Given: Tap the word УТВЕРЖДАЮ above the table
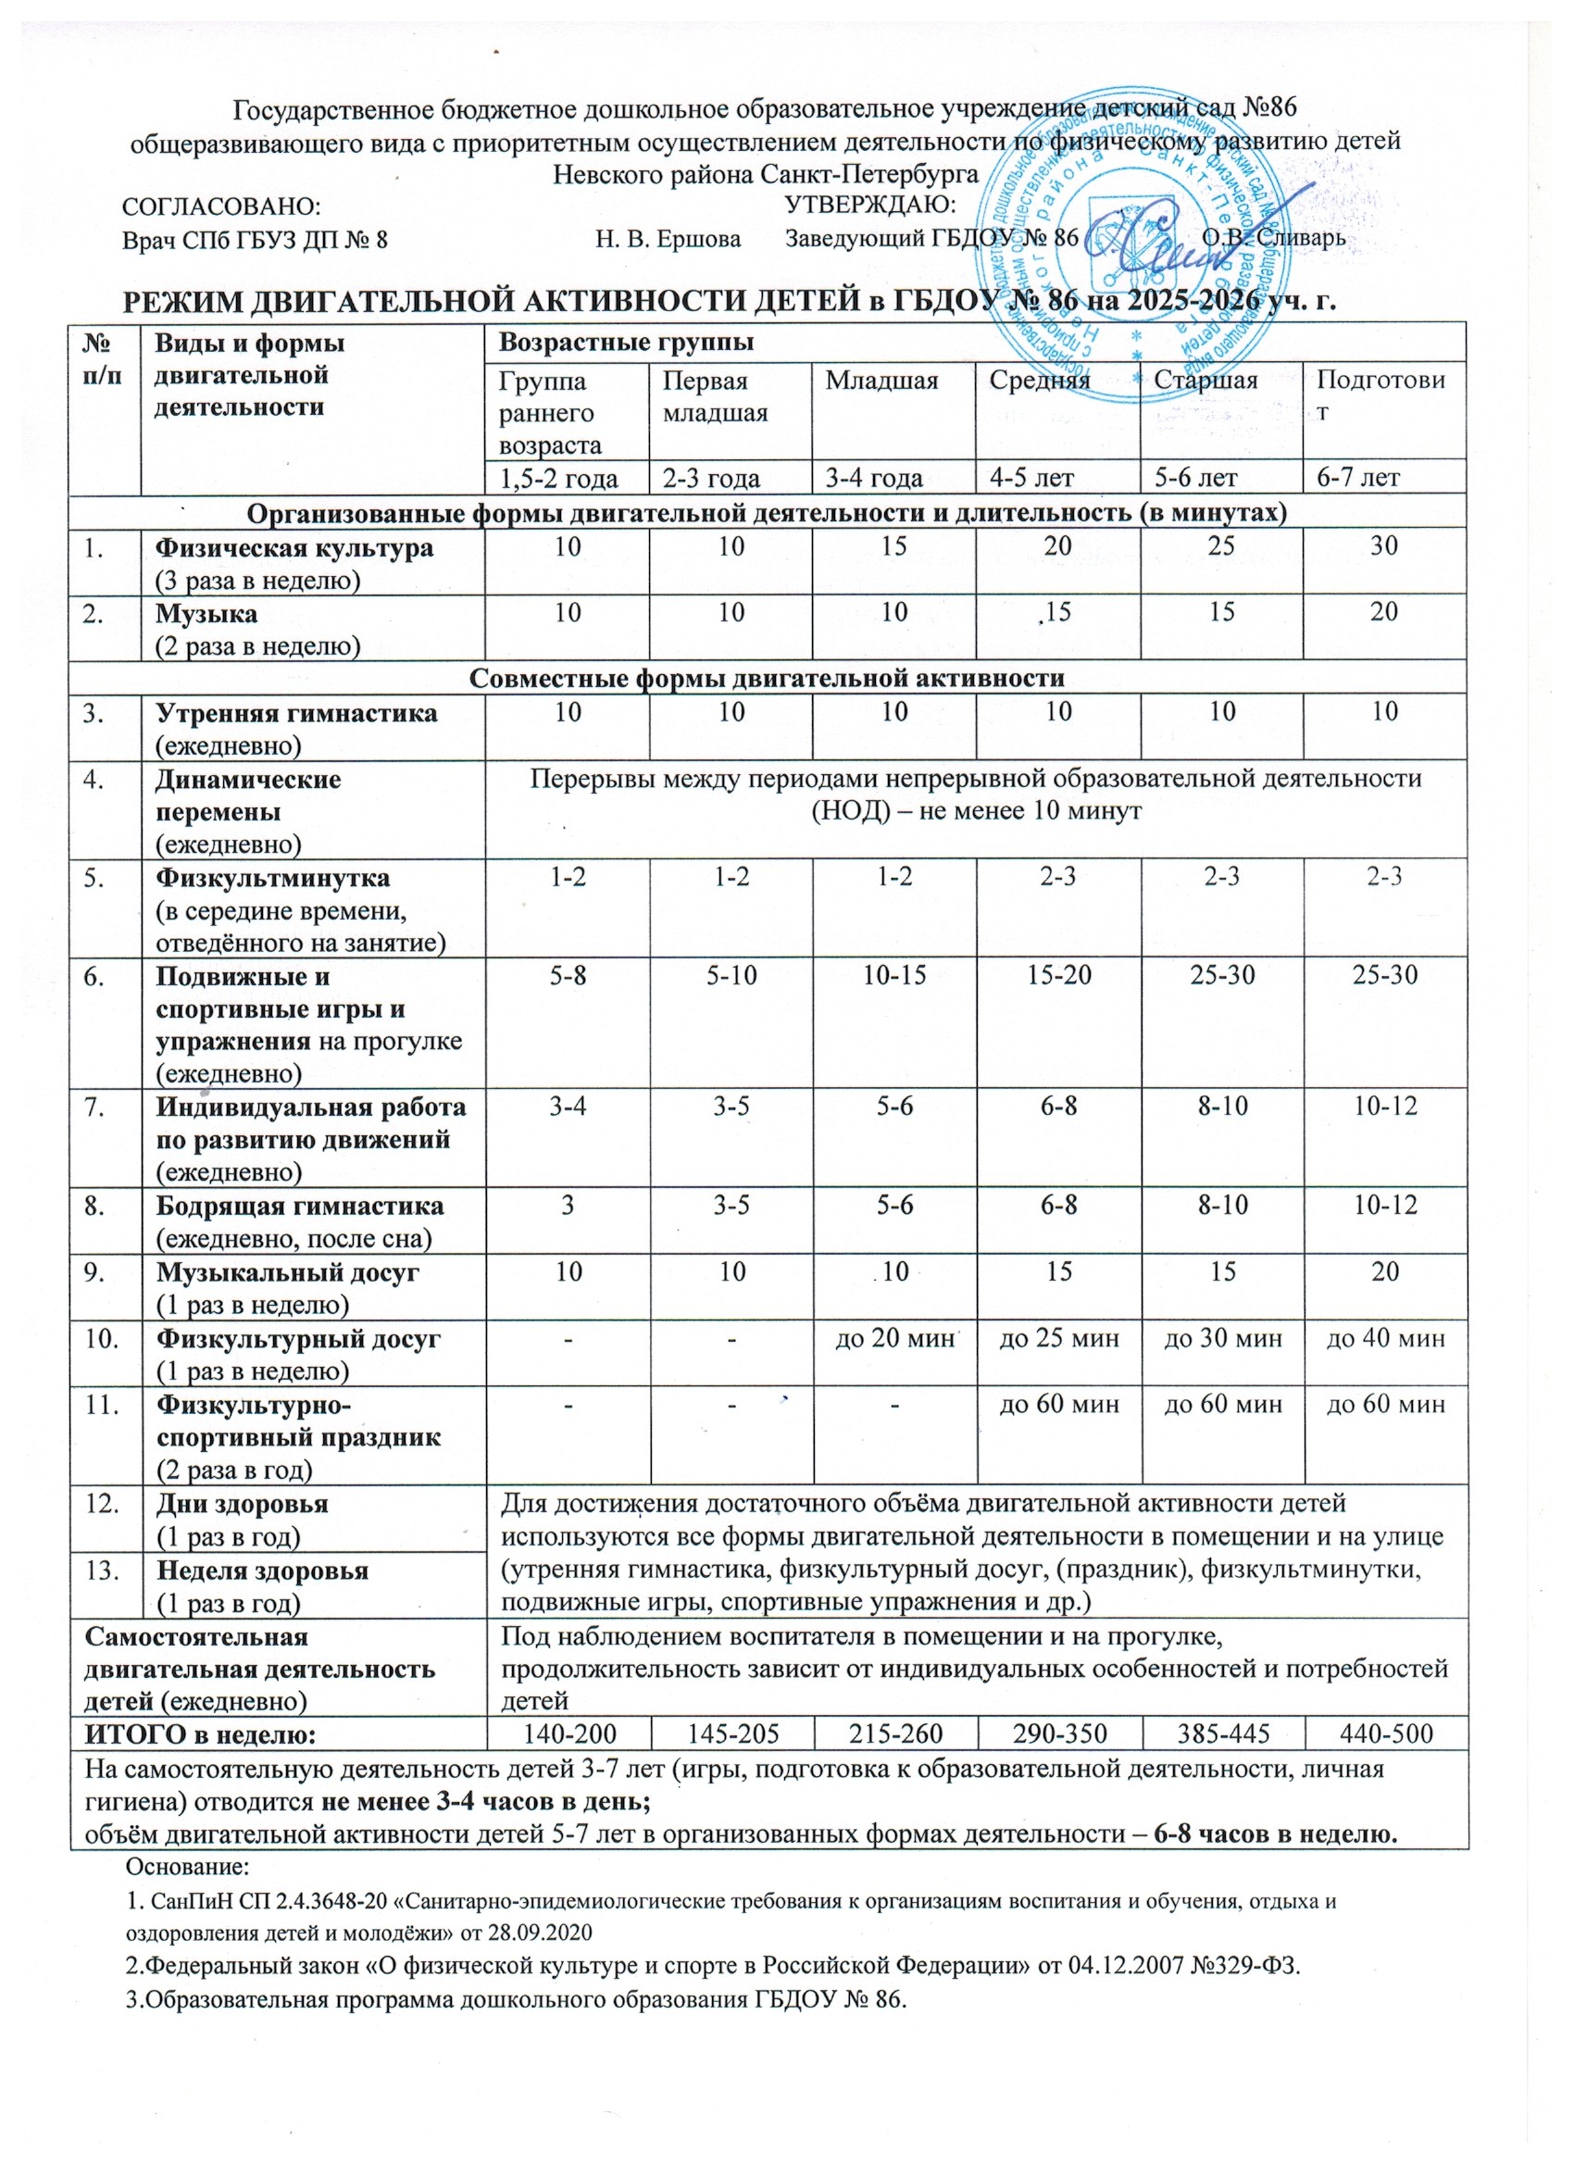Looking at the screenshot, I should tap(869, 205).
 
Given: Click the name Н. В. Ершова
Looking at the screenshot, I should tap(668, 239).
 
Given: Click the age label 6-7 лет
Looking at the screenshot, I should tap(1358, 476).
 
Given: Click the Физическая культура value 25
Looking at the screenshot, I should tap(1222, 546).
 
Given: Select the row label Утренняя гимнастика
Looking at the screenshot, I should tap(297, 713).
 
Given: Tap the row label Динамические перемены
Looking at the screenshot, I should tap(248, 795).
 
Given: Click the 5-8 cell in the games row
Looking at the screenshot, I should tap(568, 975).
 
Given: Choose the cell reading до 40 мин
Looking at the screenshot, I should tap(1386, 1337).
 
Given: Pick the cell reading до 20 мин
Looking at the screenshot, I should tap(895, 1337).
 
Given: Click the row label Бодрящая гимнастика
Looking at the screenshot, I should tap(300, 1206).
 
